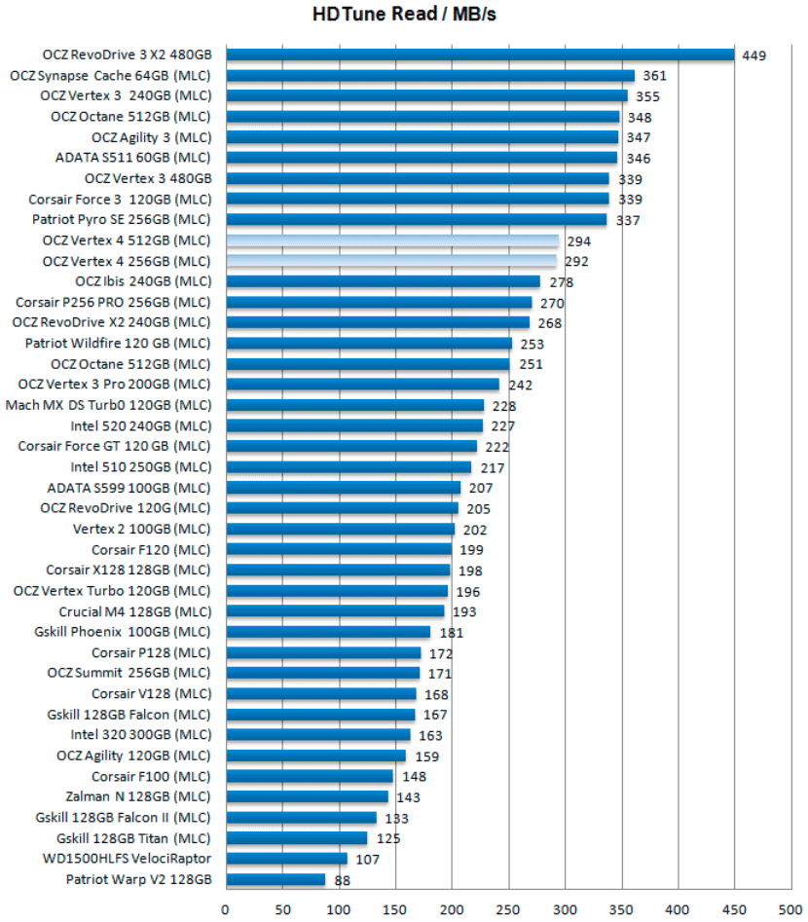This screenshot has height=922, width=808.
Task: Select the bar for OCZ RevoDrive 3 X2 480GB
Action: [x=479, y=55]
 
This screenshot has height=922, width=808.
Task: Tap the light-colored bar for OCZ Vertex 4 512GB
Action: [x=391, y=240]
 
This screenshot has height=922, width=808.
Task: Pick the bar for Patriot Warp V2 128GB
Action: [x=275, y=880]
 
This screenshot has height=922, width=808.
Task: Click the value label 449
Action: [x=753, y=55]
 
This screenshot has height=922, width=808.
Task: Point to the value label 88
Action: [x=343, y=881]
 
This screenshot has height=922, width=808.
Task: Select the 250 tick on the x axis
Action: [x=507, y=909]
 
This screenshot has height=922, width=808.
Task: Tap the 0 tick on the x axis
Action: [x=226, y=909]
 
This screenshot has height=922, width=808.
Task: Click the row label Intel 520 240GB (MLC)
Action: [x=140, y=425]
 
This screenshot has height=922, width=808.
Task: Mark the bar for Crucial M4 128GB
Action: [x=334, y=611]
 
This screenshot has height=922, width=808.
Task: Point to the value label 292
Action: [x=576, y=262]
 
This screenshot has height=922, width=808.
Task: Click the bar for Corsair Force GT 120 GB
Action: [x=350, y=446]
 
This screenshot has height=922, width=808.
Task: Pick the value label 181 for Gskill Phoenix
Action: [x=452, y=633]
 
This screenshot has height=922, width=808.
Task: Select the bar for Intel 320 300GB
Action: [x=317, y=735]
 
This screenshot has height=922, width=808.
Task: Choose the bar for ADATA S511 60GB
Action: [x=421, y=158]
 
